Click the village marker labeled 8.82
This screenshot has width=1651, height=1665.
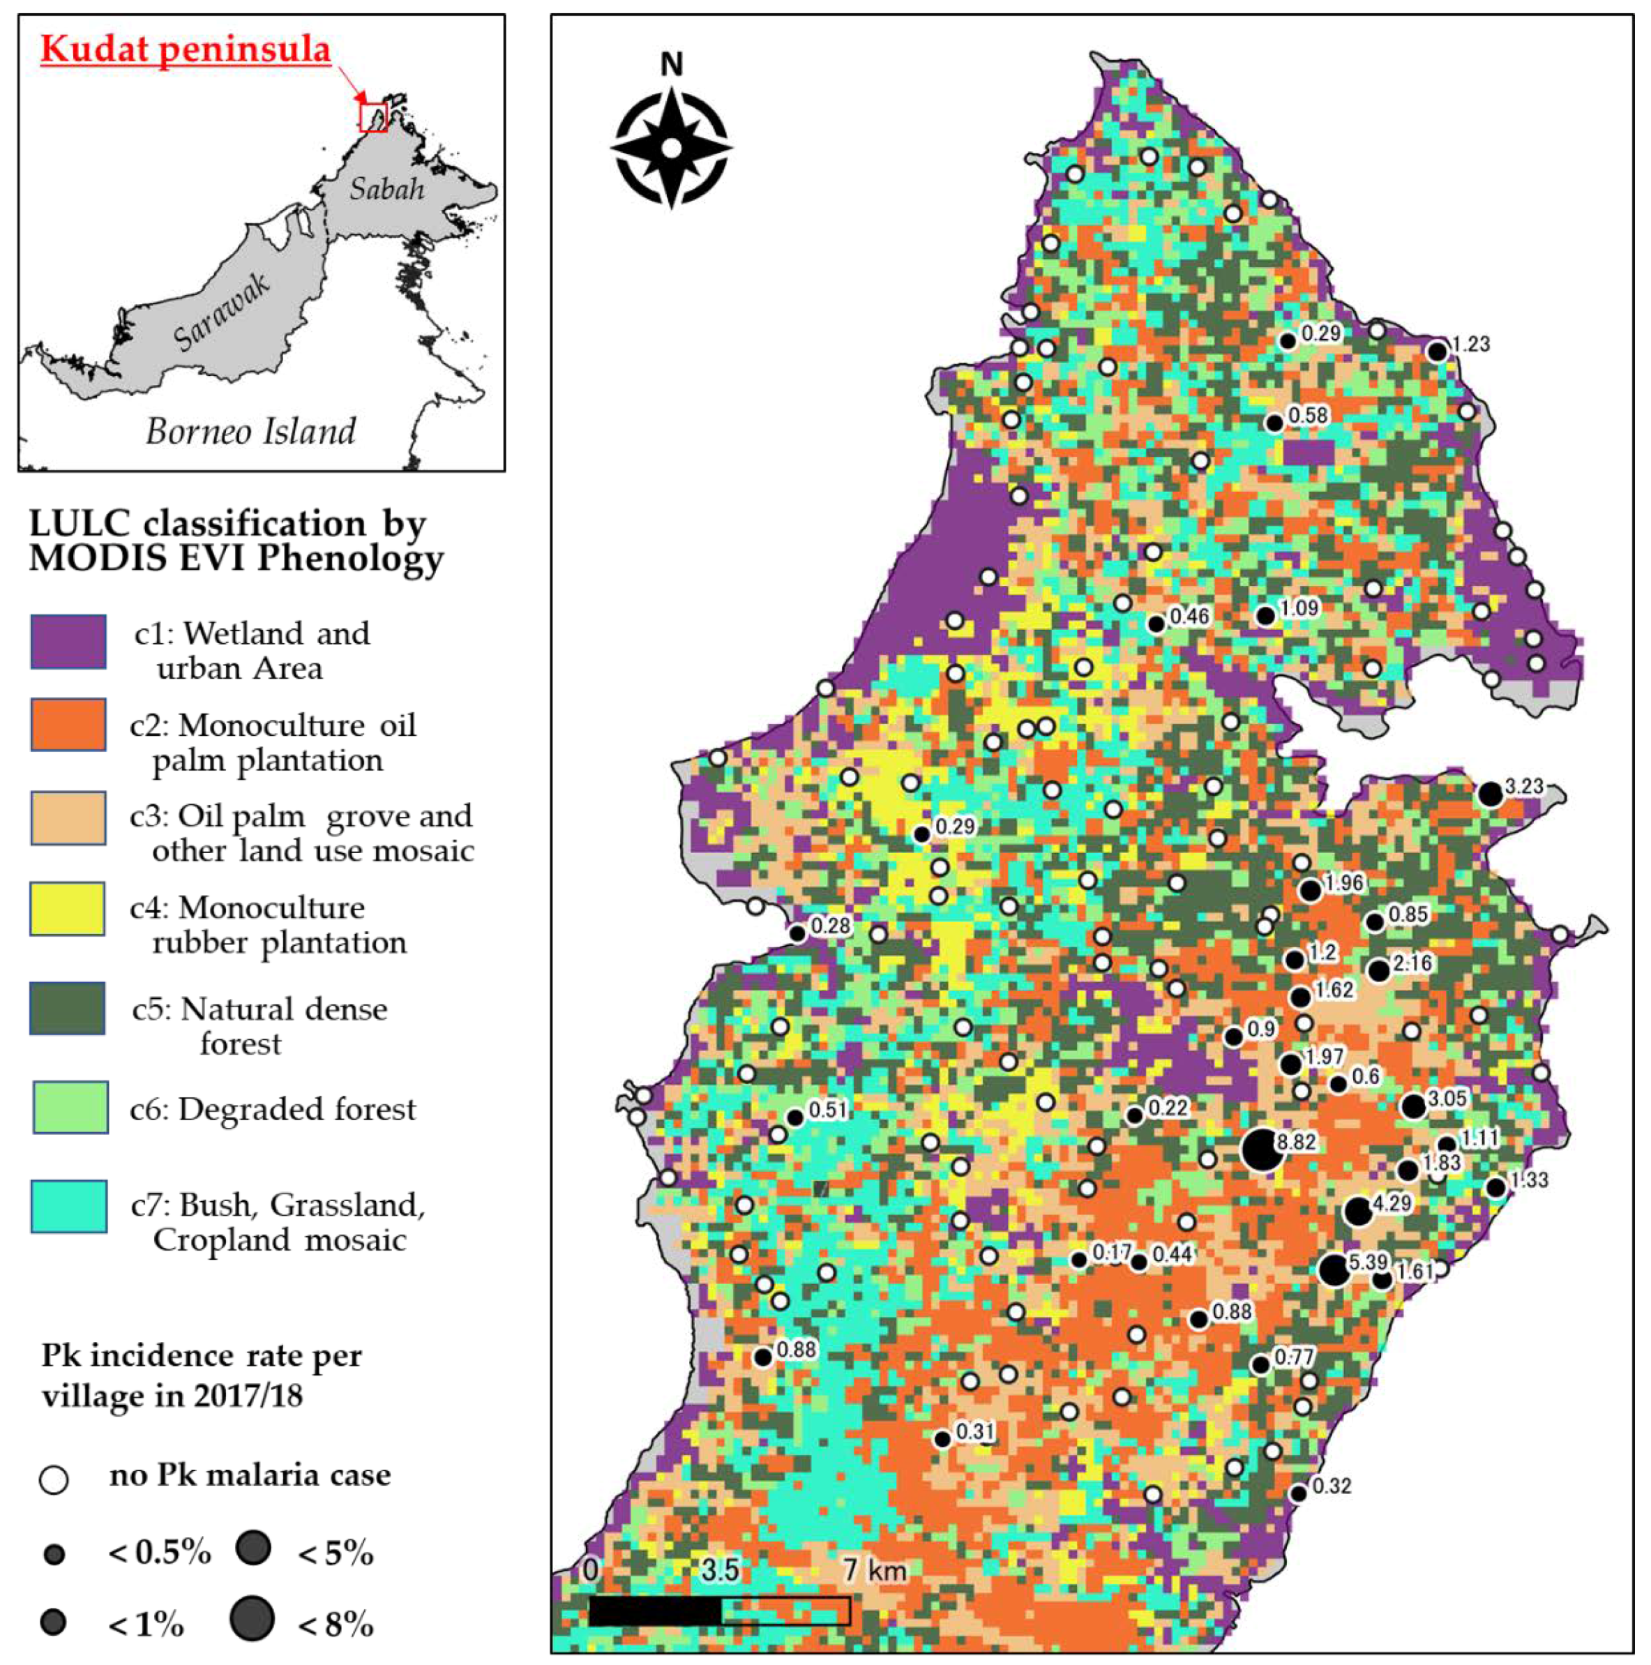coord(1260,1150)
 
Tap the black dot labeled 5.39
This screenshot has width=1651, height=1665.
coord(1333,1270)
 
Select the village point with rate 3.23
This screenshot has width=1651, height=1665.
coord(1490,794)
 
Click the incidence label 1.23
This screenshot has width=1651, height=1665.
coord(1470,345)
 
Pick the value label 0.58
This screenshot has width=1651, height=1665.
coord(1307,416)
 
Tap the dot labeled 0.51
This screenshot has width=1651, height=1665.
coord(795,1117)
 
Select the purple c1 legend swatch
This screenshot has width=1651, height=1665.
coord(68,642)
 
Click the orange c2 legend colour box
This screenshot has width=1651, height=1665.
coord(68,725)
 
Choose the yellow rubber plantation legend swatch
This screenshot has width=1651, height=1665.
coord(68,908)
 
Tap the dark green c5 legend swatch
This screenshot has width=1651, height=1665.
coord(68,1009)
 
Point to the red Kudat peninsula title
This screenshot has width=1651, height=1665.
coord(186,49)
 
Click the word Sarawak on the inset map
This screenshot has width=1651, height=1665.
coord(221,312)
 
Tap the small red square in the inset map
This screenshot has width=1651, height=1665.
coord(373,116)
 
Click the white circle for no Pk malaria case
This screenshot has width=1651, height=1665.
coord(54,1479)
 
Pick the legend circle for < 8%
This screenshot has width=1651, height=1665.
coord(252,1618)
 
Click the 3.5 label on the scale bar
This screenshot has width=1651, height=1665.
coord(718,1569)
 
